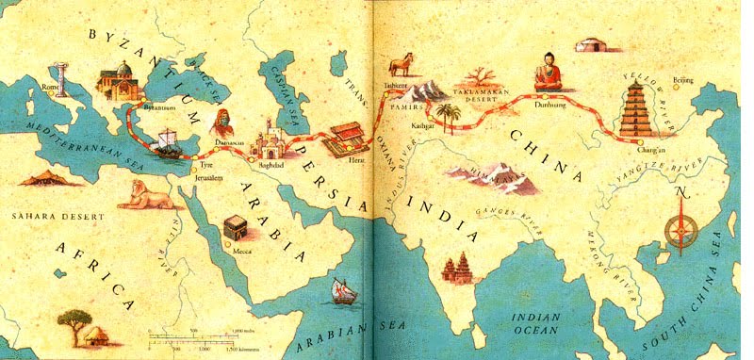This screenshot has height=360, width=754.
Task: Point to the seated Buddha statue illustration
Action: coord(545,73)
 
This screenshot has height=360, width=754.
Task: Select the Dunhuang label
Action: coord(550,108)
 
